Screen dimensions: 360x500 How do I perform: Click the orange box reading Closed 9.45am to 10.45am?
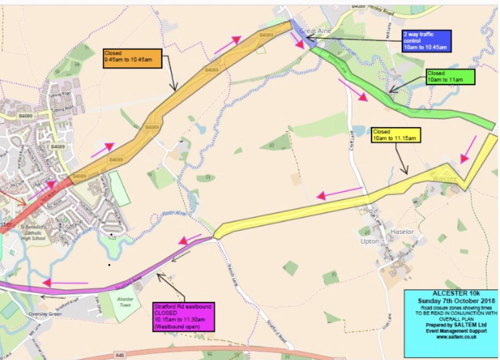point(131,58)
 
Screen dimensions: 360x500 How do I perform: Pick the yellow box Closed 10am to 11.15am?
point(395,135)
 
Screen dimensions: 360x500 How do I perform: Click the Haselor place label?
point(402,232)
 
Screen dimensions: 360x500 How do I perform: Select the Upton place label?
point(369,241)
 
